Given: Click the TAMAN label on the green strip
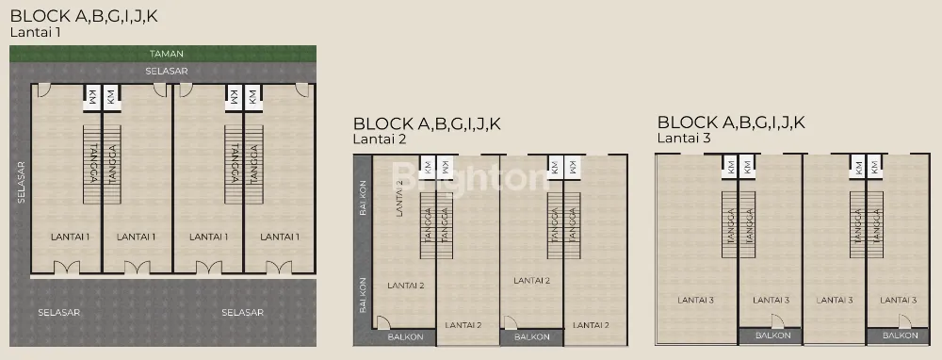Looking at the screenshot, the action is (x=167, y=54).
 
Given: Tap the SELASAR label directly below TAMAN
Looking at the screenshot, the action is (x=167, y=71).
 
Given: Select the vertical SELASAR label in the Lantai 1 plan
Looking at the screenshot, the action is (x=21, y=182).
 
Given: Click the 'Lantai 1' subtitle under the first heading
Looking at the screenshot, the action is (x=36, y=32).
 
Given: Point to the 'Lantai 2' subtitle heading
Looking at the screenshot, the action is (x=380, y=139).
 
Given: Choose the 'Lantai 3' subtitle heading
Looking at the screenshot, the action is (x=684, y=139).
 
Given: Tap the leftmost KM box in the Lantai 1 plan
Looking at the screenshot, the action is (x=92, y=96).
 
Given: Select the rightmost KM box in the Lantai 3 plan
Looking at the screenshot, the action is (x=873, y=167).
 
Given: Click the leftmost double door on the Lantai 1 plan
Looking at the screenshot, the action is (x=67, y=268).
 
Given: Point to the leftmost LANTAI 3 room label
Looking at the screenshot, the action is (x=697, y=300).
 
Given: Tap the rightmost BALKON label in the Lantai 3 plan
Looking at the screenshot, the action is (x=901, y=335).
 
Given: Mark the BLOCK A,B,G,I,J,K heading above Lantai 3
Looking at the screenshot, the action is (x=731, y=123).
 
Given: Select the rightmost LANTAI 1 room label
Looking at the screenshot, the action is (x=280, y=237).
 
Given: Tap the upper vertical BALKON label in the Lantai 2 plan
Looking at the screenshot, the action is (x=363, y=198).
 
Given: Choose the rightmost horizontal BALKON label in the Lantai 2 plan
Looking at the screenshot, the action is (x=531, y=337).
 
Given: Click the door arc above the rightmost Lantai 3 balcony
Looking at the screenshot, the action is (x=904, y=320).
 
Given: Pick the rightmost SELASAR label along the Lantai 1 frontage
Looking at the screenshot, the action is (x=243, y=313).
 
